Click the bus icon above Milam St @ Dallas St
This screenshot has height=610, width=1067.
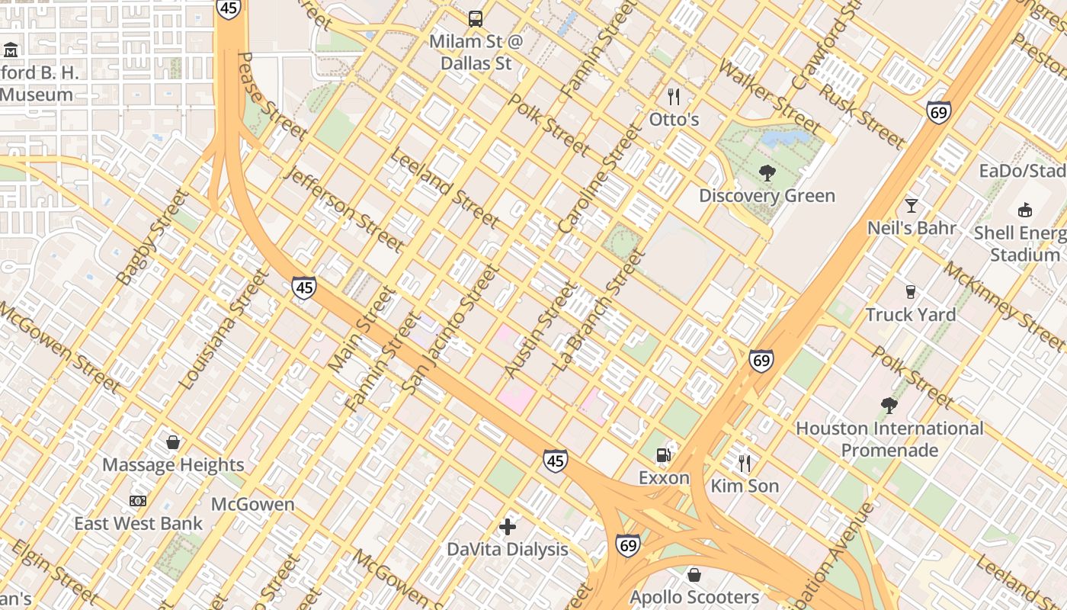476,18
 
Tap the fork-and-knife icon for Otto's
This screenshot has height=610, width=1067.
673,97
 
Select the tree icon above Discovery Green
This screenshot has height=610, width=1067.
767,173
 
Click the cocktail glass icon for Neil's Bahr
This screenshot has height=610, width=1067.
911,205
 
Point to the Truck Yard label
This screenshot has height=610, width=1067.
910,314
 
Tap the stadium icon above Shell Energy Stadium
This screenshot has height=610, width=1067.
1025,210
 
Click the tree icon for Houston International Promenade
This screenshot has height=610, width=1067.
889,406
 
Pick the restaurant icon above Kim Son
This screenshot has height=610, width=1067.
745,463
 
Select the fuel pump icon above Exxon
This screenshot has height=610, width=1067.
664,455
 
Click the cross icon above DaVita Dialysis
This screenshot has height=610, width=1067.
508,526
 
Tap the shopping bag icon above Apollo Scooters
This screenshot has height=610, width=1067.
694,574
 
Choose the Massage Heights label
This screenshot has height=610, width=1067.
173,464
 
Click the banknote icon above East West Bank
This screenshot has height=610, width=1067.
138,501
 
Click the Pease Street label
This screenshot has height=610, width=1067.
271,96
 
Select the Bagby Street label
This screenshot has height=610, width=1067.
153,237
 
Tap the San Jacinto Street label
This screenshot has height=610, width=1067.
450,329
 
